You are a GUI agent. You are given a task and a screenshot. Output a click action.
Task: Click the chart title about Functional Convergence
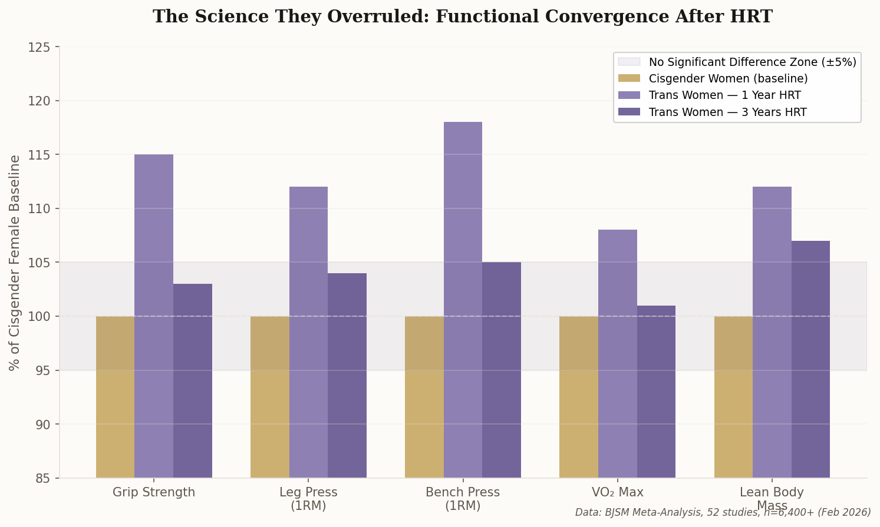tap(462, 16)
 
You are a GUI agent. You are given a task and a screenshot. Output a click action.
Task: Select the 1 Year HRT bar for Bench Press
tap(463, 300)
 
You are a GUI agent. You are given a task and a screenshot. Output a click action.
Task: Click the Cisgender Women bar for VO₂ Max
tap(578, 397)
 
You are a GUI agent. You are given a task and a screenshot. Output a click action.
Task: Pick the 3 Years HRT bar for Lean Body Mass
tap(810, 359)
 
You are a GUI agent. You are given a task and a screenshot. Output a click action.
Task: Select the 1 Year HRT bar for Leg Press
tap(308, 332)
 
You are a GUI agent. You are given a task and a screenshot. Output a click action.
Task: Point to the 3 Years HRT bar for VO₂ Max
tap(656, 392)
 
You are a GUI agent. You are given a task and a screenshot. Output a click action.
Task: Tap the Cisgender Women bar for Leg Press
tap(269, 397)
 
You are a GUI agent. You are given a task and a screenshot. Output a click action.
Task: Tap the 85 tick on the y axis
tap(44, 478)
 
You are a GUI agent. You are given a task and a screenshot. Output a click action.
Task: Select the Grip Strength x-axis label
tap(154, 492)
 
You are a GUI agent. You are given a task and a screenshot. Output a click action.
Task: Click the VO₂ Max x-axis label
tap(617, 492)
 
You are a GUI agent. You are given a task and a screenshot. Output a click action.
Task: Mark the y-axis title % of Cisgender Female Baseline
tap(15, 263)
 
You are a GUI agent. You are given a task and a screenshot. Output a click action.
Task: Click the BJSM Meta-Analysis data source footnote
tap(723, 512)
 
